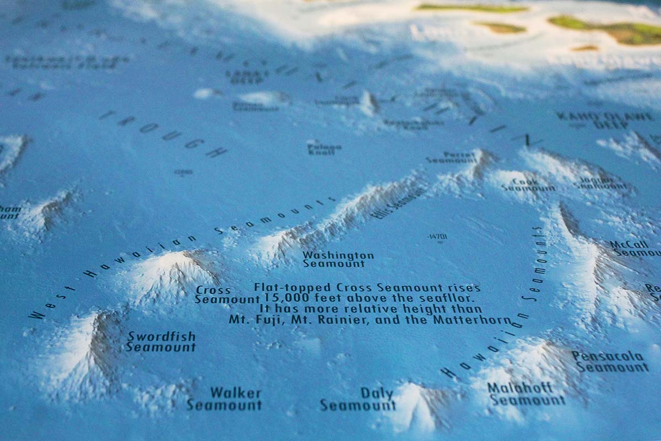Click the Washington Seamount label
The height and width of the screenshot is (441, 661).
click(x=338, y=260)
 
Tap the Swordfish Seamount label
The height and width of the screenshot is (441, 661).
click(x=161, y=342)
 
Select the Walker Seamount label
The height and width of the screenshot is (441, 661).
click(x=225, y=399)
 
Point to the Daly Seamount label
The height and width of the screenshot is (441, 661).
click(x=359, y=400)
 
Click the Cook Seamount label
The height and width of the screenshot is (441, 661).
click(x=527, y=185)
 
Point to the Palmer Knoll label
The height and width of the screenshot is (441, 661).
click(x=324, y=148)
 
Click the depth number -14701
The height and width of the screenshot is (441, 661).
click(x=437, y=237)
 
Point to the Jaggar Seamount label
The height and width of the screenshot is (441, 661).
click(x=600, y=182)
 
